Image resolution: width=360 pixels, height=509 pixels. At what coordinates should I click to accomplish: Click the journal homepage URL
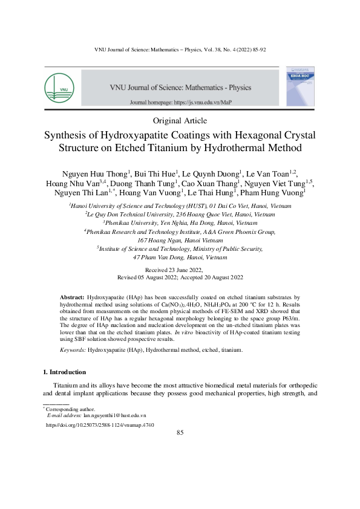point(181,103)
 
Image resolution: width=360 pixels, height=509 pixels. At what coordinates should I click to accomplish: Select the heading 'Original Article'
point(180,121)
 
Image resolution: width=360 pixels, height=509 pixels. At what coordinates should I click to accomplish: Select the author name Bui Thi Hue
point(154,172)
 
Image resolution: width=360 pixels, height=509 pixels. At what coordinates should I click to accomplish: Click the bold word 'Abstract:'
point(73,299)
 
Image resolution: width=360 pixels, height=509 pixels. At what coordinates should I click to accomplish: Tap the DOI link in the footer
point(100,426)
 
